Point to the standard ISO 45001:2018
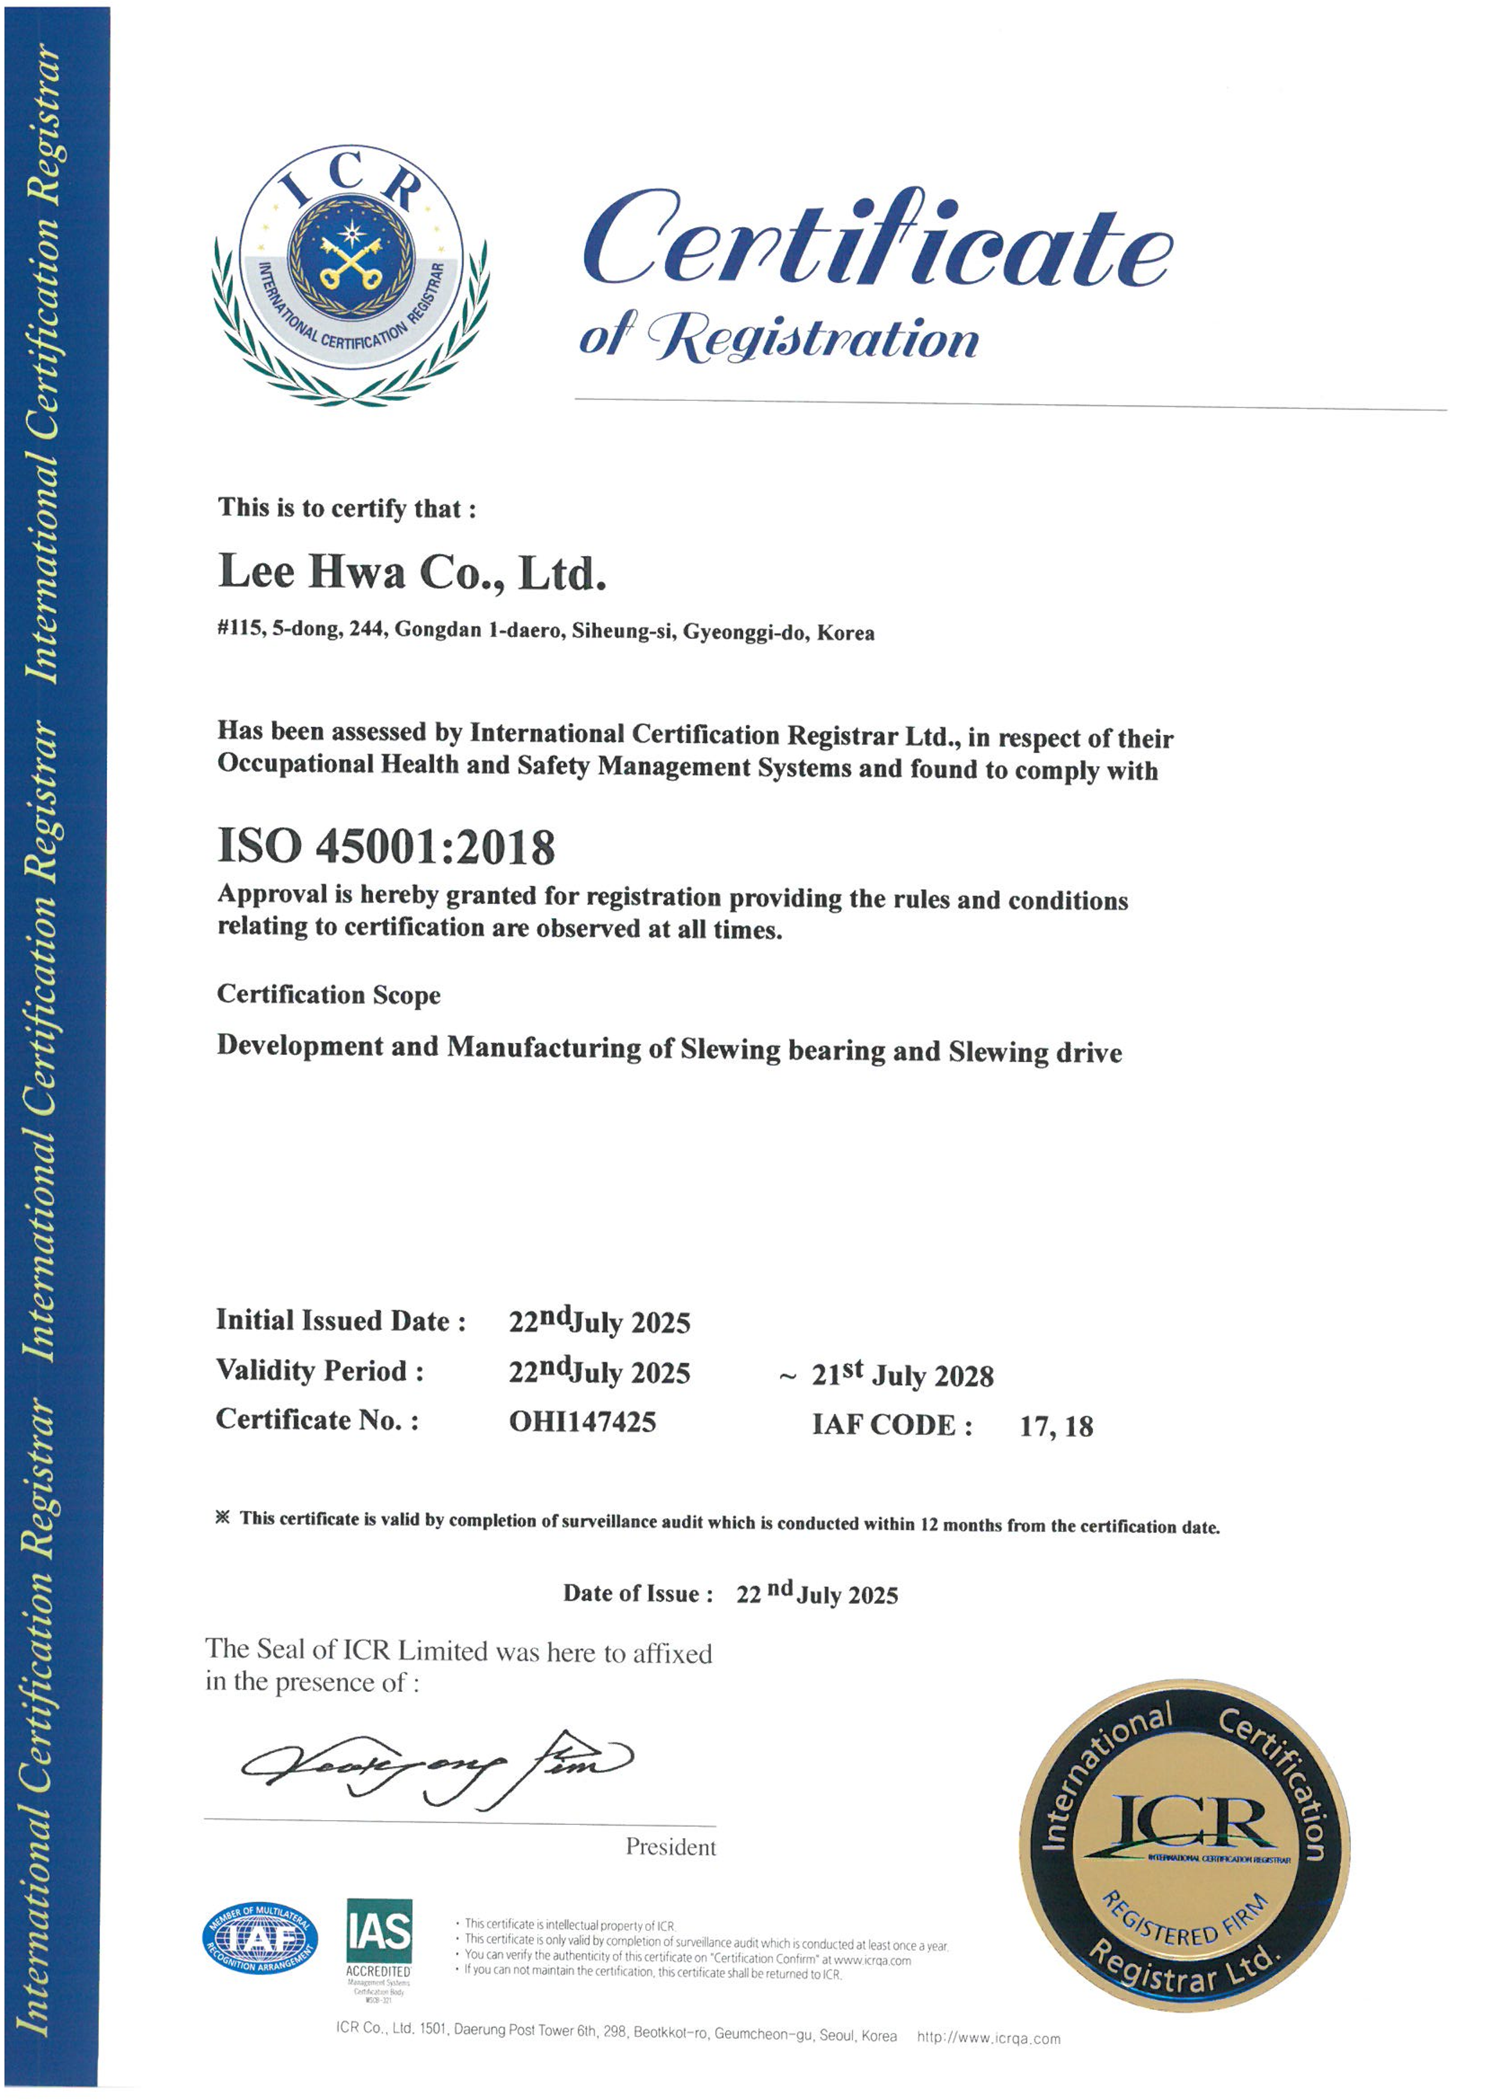click(x=386, y=847)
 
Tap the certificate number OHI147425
click(x=582, y=1422)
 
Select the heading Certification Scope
click(x=328, y=994)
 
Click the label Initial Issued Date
click(x=340, y=1321)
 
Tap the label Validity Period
click(x=319, y=1371)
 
